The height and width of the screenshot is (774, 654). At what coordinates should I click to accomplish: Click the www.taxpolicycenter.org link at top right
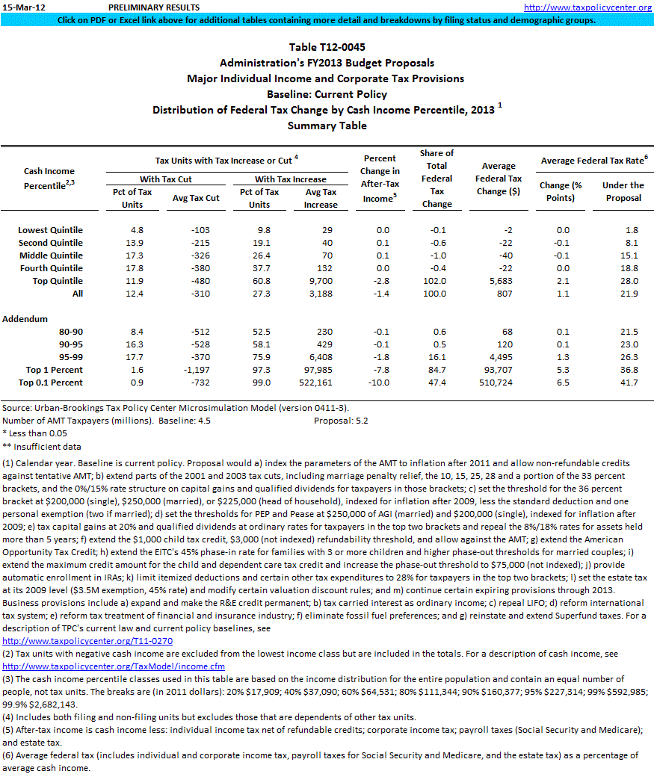[587, 7]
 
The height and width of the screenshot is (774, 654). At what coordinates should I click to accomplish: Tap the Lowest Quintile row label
[50, 230]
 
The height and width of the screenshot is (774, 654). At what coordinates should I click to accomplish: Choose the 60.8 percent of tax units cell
[259, 281]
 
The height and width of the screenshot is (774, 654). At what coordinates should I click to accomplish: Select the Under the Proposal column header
[623, 191]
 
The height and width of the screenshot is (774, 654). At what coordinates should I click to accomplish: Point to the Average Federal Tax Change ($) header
[499, 179]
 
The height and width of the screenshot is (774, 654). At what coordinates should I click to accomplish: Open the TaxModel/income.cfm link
[113, 666]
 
